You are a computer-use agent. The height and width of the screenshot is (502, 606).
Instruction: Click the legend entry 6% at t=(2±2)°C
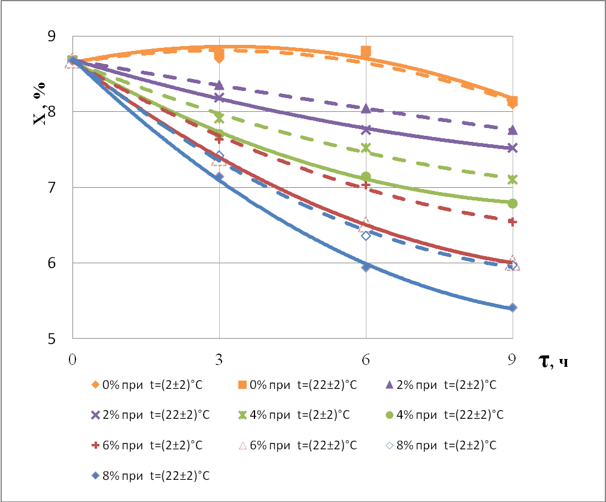[x=146, y=446]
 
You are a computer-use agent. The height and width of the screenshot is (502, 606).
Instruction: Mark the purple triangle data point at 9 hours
[x=513, y=130]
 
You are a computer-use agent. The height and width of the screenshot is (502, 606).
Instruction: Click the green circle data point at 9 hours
[x=513, y=203]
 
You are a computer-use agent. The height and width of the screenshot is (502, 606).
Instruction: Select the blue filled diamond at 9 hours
[x=513, y=308]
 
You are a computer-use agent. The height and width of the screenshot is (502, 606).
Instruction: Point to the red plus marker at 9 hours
[x=513, y=222]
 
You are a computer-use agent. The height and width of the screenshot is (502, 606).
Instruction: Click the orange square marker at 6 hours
[x=366, y=51]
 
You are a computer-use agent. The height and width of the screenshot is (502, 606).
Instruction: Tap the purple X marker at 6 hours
[x=366, y=129]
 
